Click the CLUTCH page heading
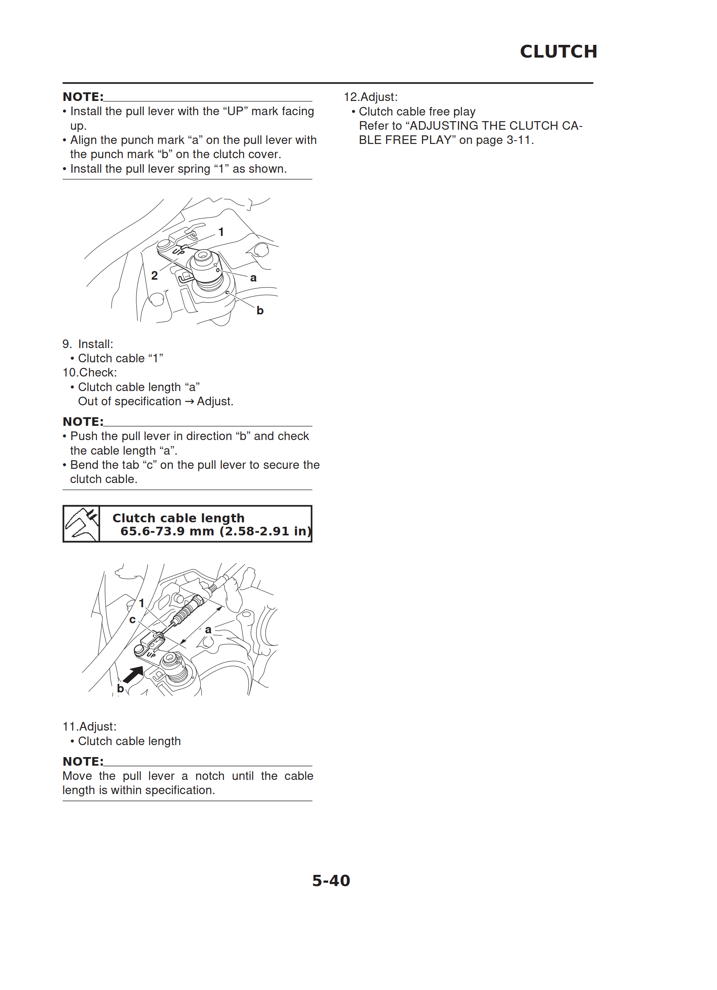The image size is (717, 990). point(558,52)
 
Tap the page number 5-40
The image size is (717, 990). point(331,880)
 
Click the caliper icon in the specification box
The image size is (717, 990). point(81,524)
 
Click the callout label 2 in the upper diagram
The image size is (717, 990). point(154,276)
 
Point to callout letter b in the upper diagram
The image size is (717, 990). point(260,310)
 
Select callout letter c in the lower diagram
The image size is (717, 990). point(133,620)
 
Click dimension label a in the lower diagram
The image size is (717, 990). point(208,630)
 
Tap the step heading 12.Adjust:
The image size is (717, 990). point(371,97)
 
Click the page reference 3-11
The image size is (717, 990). point(519,140)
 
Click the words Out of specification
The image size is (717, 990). point(130,401)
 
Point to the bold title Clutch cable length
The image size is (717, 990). point(179,518)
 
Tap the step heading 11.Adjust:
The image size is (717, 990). point(89,726)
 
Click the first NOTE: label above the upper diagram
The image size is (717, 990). point(83,96)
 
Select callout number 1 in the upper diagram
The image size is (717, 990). point(221,232)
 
